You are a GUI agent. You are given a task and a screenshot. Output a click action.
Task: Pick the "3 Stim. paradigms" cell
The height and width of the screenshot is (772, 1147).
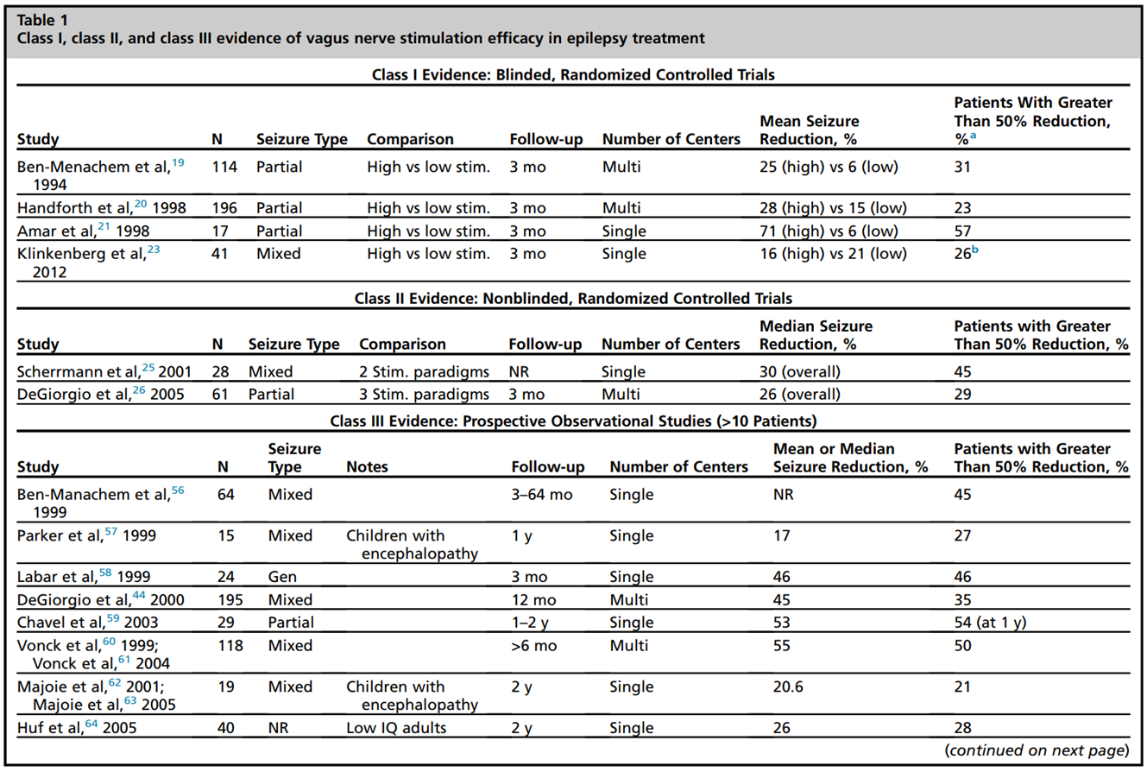pyautogui.click(x=415, y=395)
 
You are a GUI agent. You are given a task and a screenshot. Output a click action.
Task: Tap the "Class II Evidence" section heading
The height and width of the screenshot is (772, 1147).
pyautogui.click(x=573, y=299)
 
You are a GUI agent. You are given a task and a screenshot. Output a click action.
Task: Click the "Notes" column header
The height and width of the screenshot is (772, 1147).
pyautogui.click(x=367, y=467)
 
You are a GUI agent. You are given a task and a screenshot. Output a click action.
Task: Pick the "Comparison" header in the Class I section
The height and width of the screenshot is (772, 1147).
pyautogui.click(x=410, y=139)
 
